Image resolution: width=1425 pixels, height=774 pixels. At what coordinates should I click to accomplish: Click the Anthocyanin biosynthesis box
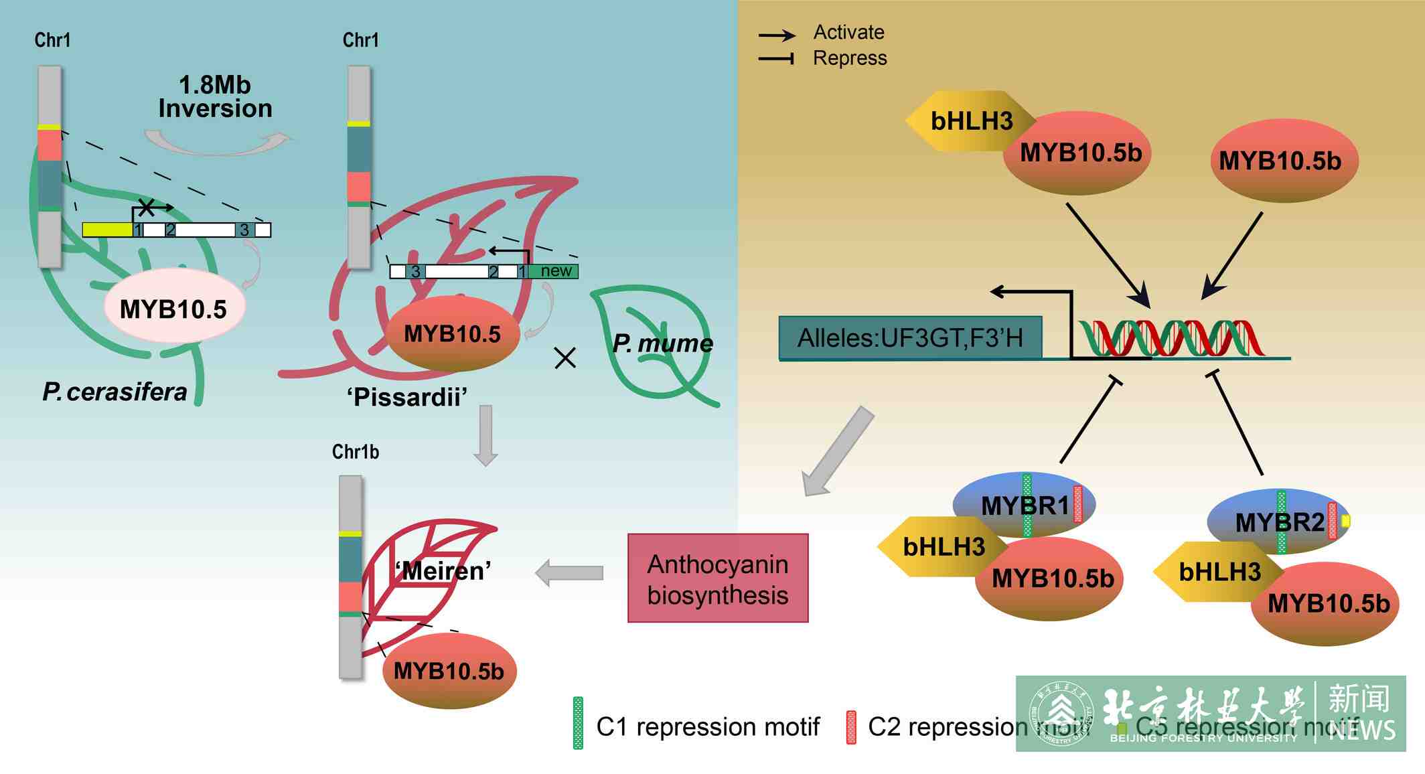[717, 578]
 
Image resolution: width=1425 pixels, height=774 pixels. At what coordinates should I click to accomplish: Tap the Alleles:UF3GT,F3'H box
[909, 338]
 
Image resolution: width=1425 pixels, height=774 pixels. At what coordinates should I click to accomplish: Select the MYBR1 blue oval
[1023, 503]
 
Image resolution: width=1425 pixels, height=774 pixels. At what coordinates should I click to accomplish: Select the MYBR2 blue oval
[1278, 520]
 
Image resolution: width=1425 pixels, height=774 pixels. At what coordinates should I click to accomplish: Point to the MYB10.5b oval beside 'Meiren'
[449, 670]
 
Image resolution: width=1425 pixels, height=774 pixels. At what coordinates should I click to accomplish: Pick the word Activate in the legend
[848, 32]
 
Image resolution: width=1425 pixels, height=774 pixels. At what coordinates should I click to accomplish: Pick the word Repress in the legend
[849, 58]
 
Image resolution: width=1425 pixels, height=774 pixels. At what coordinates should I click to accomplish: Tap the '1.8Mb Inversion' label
[215, 97]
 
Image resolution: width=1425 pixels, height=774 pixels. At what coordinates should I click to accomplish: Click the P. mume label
[662, 343]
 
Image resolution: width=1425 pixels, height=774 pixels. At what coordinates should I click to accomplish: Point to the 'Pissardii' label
[407, 397]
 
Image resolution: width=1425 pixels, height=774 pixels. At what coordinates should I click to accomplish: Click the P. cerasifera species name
[115, 392]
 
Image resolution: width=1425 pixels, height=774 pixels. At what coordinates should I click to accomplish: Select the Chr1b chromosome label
[356, 452]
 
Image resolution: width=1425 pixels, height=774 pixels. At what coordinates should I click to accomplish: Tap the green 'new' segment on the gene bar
[554, 271]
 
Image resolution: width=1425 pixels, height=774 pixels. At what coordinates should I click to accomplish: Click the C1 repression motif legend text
[707, 726]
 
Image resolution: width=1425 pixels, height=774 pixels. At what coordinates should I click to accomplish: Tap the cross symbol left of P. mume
[565, 358]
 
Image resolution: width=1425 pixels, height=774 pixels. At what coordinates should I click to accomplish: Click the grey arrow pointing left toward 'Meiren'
[570, 573]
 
